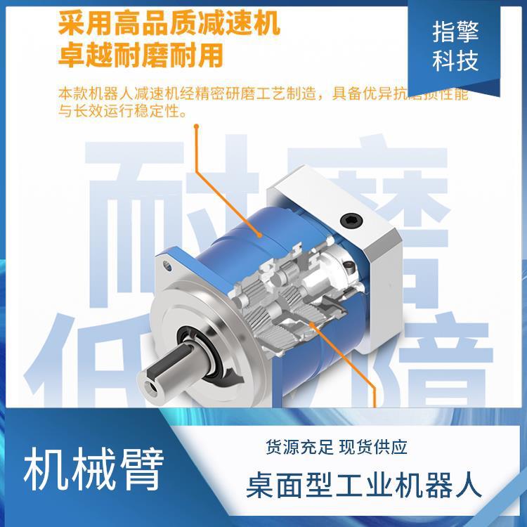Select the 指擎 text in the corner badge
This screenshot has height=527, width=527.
455,33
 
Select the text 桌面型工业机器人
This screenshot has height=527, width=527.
365,486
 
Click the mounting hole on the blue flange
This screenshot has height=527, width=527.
168,266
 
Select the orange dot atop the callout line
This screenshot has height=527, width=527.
197,127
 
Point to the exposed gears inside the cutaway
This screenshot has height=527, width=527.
281,295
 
